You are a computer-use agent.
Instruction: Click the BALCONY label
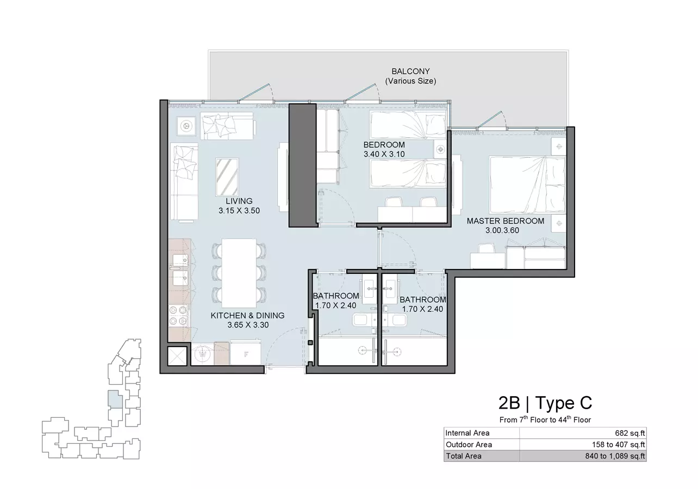point(410,71)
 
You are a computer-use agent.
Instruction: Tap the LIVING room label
point(239,201)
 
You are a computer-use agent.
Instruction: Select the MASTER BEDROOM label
point(506,221)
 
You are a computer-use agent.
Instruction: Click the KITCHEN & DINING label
point(247,315)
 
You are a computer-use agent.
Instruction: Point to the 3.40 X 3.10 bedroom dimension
point(384,154)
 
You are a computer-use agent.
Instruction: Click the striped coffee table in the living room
point(227,177)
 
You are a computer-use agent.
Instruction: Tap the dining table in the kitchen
point(239,273)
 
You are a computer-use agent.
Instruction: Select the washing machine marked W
point(203,354)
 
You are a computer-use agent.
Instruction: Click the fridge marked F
point(246,354)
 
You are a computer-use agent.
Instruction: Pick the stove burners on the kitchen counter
point(178,316)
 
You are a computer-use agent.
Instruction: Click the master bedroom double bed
point(527,185)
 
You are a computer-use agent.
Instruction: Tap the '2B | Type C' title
point(545,403)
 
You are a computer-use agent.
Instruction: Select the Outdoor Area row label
point(469,444)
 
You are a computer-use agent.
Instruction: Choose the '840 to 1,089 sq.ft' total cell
point(615,456)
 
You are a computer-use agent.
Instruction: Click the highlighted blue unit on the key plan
point(115,399)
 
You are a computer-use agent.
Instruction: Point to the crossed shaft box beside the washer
point(177,355)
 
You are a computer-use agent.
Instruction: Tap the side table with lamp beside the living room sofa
point(186,126)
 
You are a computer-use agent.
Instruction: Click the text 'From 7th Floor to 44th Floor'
point(545,419)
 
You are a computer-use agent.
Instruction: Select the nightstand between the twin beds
point(440,149)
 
